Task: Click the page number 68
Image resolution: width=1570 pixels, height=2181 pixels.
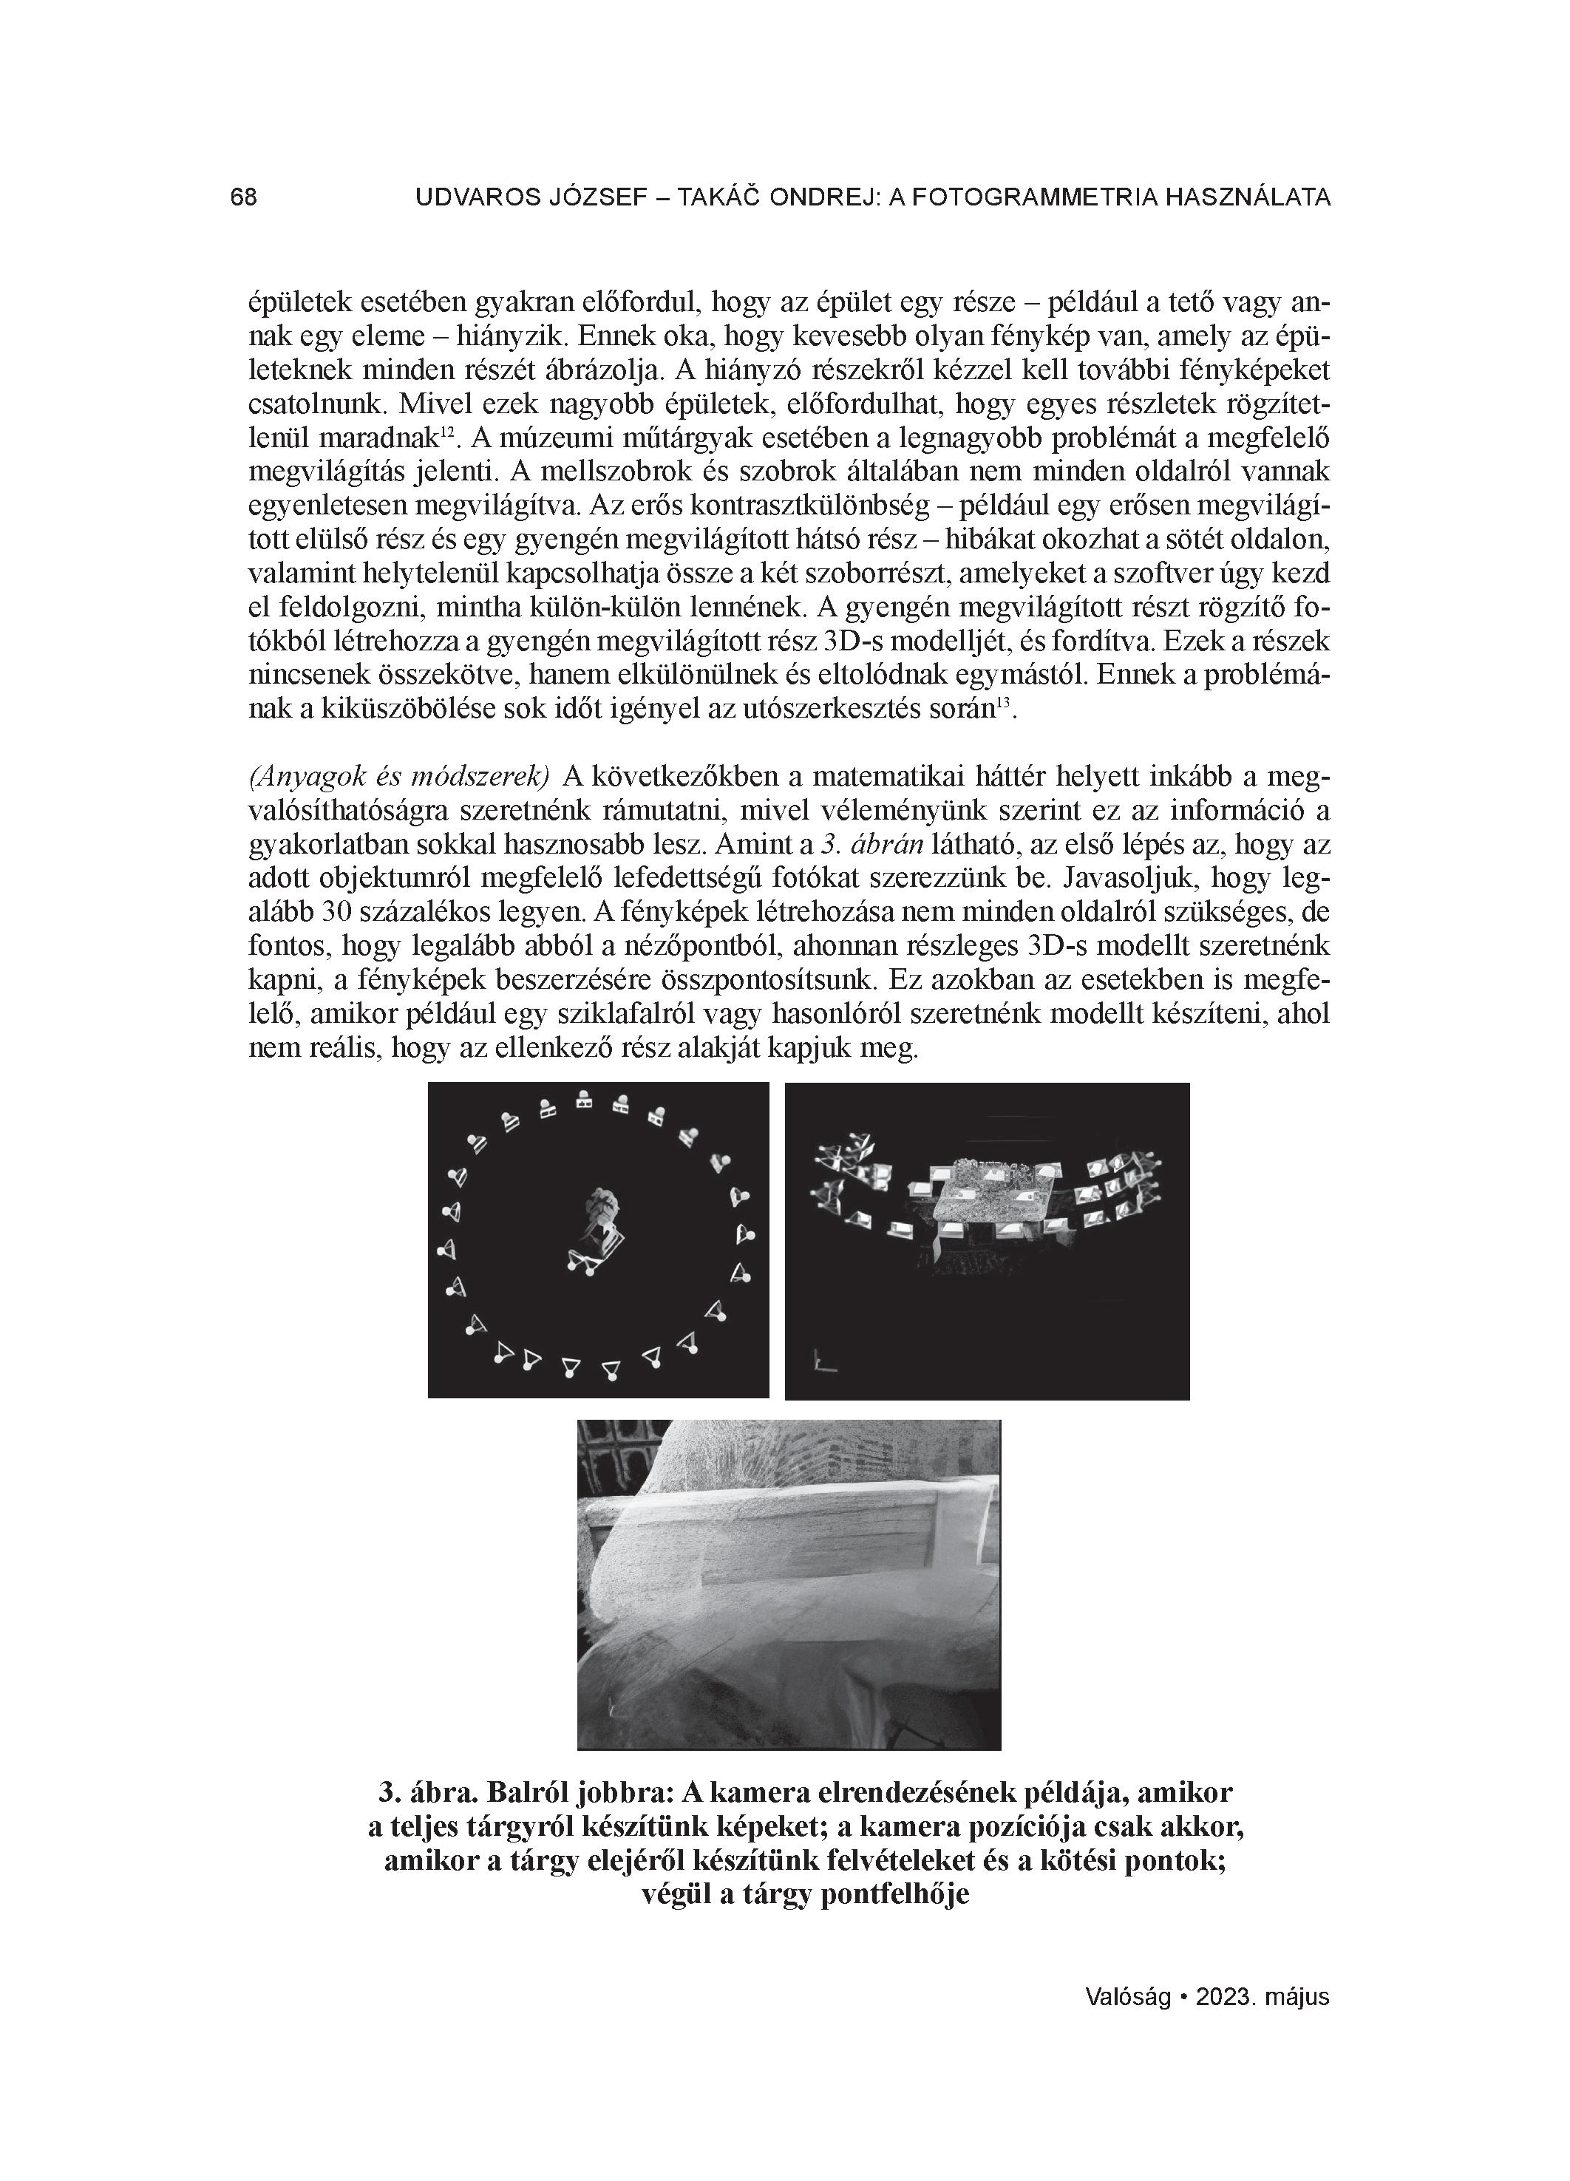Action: point(243,197)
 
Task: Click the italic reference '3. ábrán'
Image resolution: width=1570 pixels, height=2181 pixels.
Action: point(871,844)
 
